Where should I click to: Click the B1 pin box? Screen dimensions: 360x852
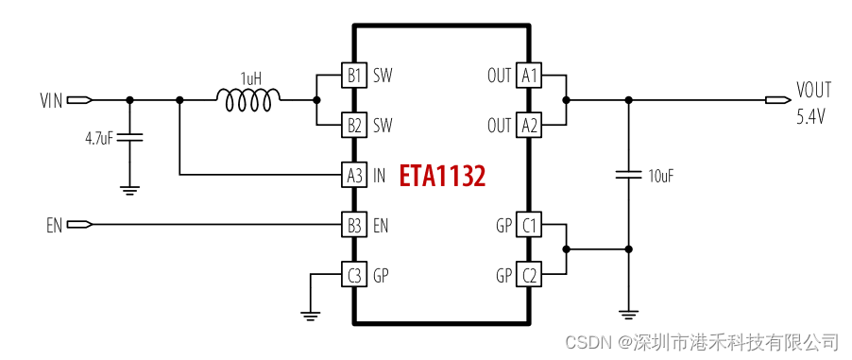pyautogui.click(x=353, y=75)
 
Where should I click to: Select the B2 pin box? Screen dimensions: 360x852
pyautogui.click(x=353, y=125)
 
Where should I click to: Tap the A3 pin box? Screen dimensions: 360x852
pyautogui.click(x=353, y=175)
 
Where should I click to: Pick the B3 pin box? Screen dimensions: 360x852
pyautogui.click(x=353, y=225)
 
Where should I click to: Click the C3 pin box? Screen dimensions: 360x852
pyautogui.click(x=353, y=276)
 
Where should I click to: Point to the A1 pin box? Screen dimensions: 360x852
pyautogui.click(x=529, y=75)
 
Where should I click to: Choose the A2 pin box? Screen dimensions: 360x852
pyautogui.click(x=529, y=125)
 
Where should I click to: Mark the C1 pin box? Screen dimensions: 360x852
pyautogui.click(x=529, y=225)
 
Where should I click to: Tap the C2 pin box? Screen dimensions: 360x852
pyautogui.click(x=529, y=276)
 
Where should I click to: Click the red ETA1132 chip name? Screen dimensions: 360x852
pyautogui.click(x=442, y=176)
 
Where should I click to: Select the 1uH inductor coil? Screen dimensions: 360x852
pyautogui.click(x=248, y=97)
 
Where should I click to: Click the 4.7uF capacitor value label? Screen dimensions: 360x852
pyautogui.click(x=98, y=138)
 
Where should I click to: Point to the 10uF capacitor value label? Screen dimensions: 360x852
pyautogui.click(x=661, y=176)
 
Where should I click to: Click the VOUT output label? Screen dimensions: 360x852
pyautogui.click(x=813, y=91)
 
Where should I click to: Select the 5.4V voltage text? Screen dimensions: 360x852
pyautogui.click(x=811, y=116)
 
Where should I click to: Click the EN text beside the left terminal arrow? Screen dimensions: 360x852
pyautogui.click(x=54, y=226)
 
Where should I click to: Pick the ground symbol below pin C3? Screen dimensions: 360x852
pyautogui.click(x=309, y=315)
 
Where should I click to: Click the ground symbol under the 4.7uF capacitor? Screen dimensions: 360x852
pyautogui.click(x=129, y=189)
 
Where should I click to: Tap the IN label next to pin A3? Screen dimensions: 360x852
pyautogui.click(x=380, y=176)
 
